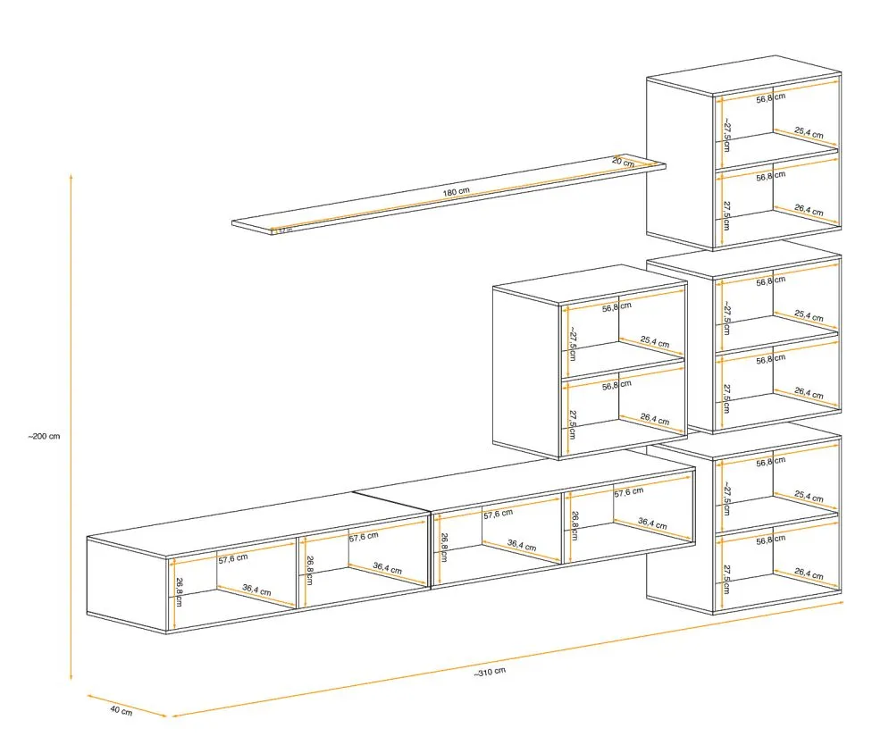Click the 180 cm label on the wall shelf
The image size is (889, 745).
(455, 192)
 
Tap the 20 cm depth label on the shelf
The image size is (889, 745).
(623, 163)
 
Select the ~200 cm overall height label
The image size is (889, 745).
(44, 436)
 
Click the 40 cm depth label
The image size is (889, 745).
(121, 712)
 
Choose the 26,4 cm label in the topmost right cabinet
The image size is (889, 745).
(808, 211)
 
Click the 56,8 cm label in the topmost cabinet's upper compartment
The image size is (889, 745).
(770, 97)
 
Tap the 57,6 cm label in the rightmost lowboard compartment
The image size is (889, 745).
(629, 491)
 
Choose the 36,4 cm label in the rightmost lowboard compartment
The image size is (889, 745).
(652, 523)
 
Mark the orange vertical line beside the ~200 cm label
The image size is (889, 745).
(71, 429)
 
